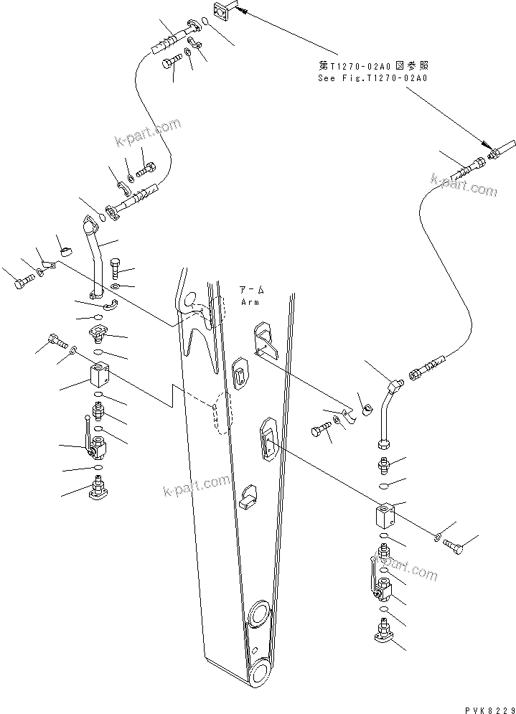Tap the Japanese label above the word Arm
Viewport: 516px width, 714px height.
pos(250,290)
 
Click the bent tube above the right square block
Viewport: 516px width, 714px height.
pos(388,413)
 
